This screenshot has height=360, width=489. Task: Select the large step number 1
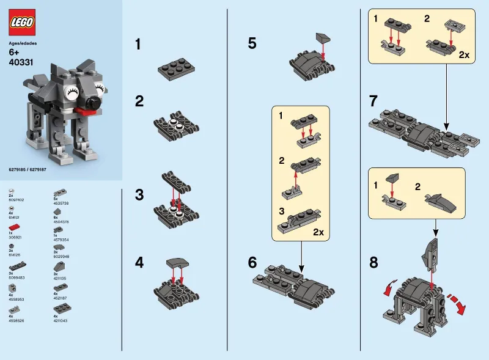click(x=138, y=44)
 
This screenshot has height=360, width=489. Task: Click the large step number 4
click(x=139, y=263)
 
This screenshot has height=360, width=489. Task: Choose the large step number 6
click(x=252, y=263)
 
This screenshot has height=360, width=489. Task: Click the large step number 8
click(x=374, y=263)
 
